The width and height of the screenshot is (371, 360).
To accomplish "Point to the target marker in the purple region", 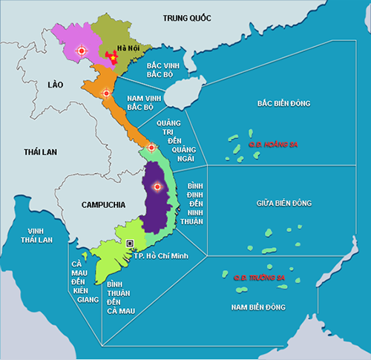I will (156, 187).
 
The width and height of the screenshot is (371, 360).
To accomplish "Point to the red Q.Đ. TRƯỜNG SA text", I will (257, 278).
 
